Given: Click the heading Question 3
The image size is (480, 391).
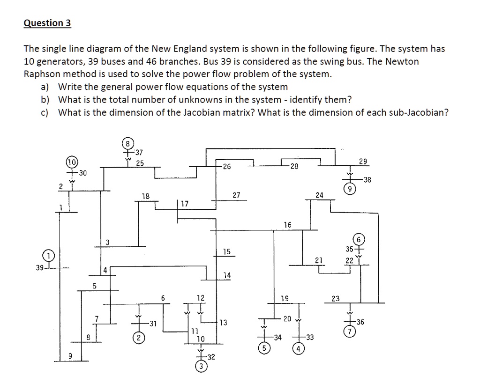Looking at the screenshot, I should pyautogui.click(x=47, y=23).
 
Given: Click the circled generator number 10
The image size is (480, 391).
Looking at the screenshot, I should pyautogui.click(x=72, y=163).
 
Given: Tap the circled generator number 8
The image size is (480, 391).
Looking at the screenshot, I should pyautogui.click(x=127, y=142).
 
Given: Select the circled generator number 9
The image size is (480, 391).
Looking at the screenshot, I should pyautogui.click(x=349, y=189).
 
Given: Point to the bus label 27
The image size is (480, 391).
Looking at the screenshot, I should pyautogui.click(x=236, y=195).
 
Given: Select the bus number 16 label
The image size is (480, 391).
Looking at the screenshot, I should pyautogui.click(x=288, y=225).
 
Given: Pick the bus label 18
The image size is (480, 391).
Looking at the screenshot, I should pyautogui.click(x=146, y=196).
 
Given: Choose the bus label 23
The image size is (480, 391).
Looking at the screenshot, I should pyautogui.click(x=336, y=298).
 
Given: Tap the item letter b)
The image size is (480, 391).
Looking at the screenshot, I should pyautogui.click(x=45, y=100).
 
